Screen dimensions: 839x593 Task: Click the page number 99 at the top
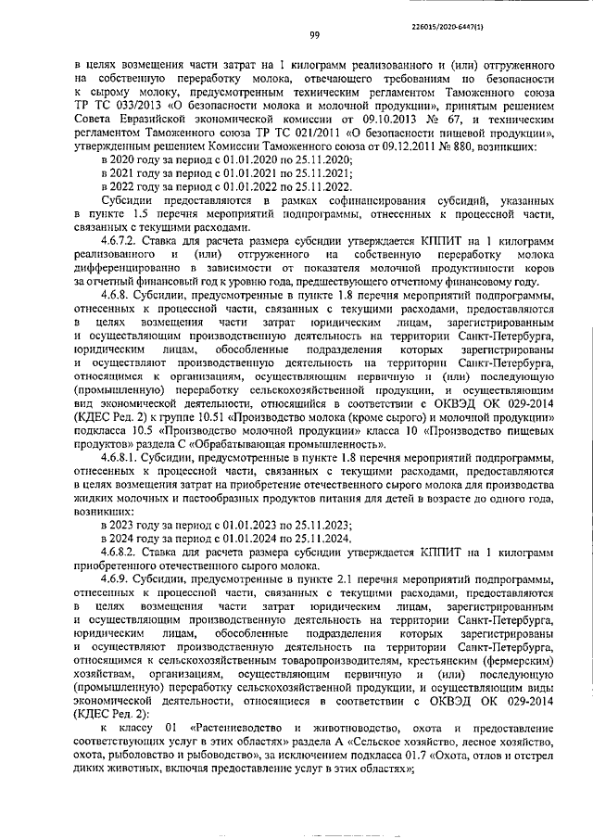[315, 36]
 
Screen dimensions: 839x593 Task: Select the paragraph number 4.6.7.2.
[123, 241]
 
